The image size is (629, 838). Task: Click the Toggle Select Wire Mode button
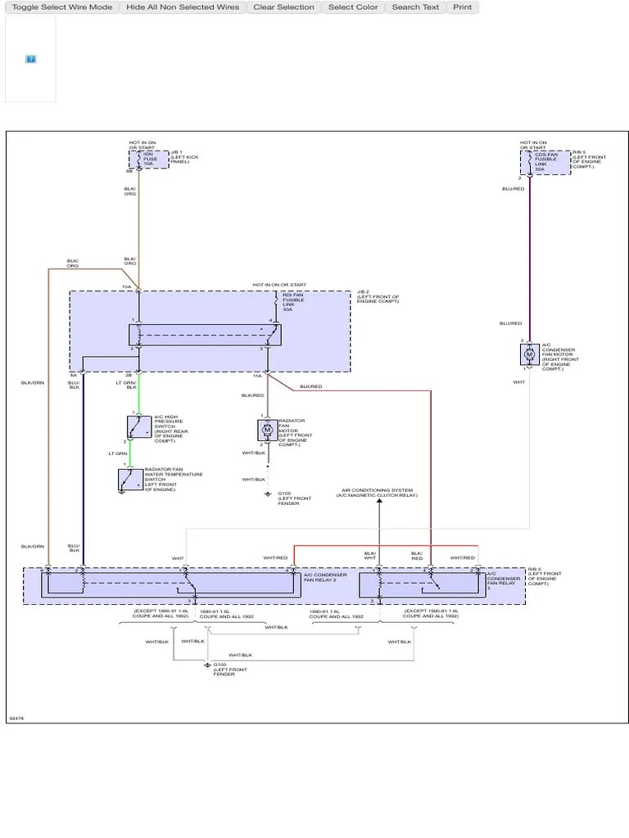(62, 7)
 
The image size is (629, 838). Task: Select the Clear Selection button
(283, 7)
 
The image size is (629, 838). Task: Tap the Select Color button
(353, 7)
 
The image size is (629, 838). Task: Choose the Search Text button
(415, 7)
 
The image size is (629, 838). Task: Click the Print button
(463, 7)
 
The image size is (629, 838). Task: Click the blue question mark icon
(30, 59)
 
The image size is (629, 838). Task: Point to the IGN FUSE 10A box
(148, 159)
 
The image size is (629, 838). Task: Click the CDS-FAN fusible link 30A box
(545, 162)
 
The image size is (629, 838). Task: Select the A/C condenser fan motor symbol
(528, 354)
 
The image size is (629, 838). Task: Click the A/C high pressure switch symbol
(133, 426)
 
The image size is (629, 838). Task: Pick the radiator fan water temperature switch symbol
(127, 480)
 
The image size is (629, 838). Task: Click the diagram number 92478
(17, 718)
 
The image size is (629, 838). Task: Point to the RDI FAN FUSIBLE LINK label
(293, 300)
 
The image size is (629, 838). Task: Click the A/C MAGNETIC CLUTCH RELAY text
(380, 496)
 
